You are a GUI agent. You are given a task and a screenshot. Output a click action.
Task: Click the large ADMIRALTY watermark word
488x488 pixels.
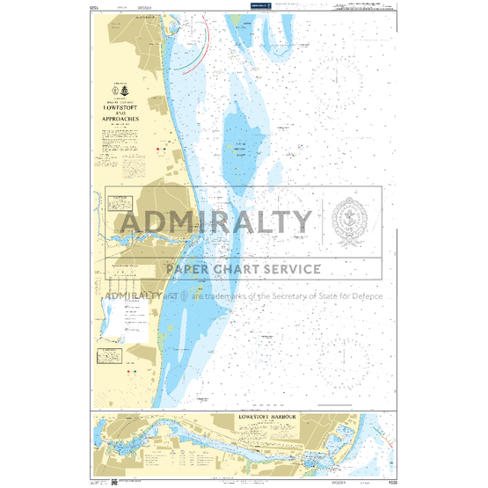click(x=215, y=222)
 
